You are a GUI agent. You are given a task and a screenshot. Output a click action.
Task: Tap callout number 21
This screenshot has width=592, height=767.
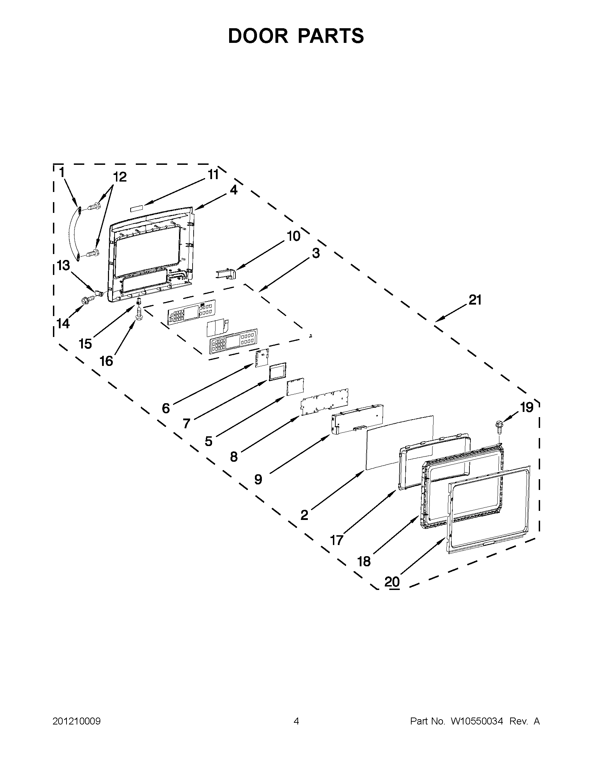(x=475, y=300)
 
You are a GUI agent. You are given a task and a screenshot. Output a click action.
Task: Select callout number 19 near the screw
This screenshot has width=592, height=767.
(x=527, y=407)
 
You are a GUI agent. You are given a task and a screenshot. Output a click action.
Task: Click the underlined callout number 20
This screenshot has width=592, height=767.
(x=392, y=582)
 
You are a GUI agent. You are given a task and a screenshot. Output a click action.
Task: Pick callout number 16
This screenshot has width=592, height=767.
(x=107, y=361)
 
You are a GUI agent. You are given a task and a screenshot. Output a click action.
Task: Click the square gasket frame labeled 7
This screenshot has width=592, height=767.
(x=277, y=371)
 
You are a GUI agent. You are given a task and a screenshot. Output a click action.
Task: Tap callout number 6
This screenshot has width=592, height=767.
(x=166, y=408)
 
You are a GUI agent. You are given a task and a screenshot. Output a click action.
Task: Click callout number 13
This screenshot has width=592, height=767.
(x=63, y=266)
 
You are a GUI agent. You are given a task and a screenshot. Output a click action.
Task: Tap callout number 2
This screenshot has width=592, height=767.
(x=304, y=515)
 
